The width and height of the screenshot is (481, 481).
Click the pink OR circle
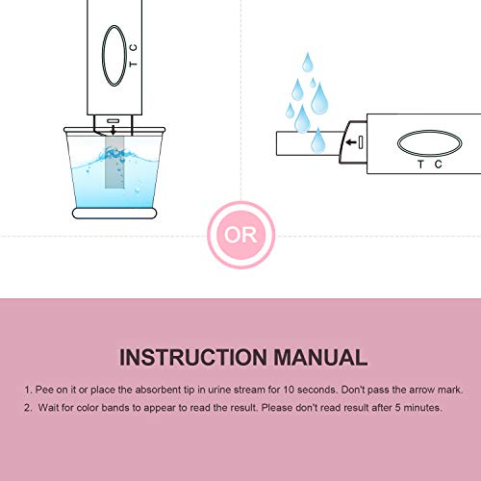(240, 235)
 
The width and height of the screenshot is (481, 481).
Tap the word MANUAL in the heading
(320, 357)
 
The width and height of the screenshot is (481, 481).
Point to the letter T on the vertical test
(134, 63)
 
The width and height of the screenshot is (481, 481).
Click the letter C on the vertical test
(134, 47)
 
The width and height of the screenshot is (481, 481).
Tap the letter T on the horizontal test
(420, 165)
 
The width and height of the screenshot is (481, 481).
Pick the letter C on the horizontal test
(439, 165)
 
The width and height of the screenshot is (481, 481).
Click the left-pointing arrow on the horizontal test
(351, 142)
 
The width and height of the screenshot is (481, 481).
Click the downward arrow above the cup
(113, 130)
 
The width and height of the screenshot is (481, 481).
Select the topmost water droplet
(307, 63)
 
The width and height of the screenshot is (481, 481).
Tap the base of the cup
(114, 214)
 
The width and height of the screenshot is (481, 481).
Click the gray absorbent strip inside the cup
(114, 163)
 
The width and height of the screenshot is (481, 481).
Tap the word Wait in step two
(48, 408)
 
